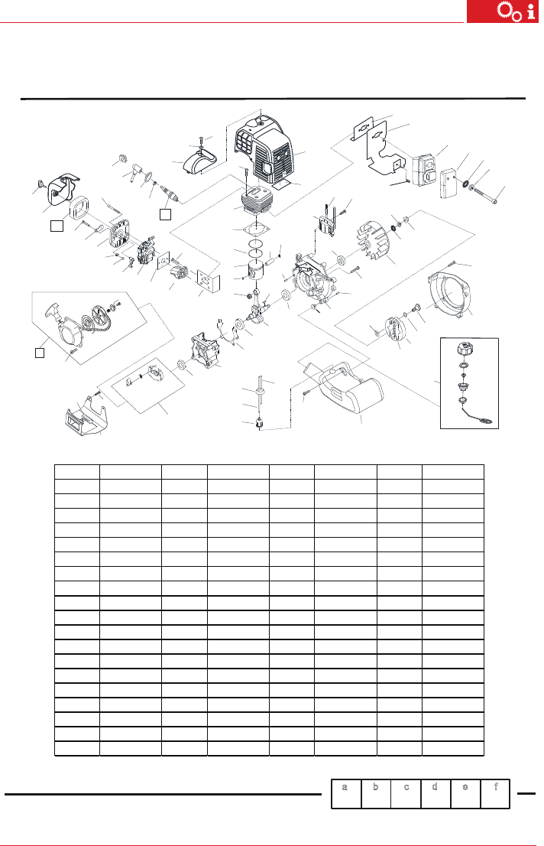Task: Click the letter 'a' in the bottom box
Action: (x=345, y=787)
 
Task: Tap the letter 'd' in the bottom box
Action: (x=435, y=786)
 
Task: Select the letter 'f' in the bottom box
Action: (x=495, y=786)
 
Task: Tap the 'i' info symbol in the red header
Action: (x=532, y=12)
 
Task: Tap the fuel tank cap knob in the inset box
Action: (x=465, y=349)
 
